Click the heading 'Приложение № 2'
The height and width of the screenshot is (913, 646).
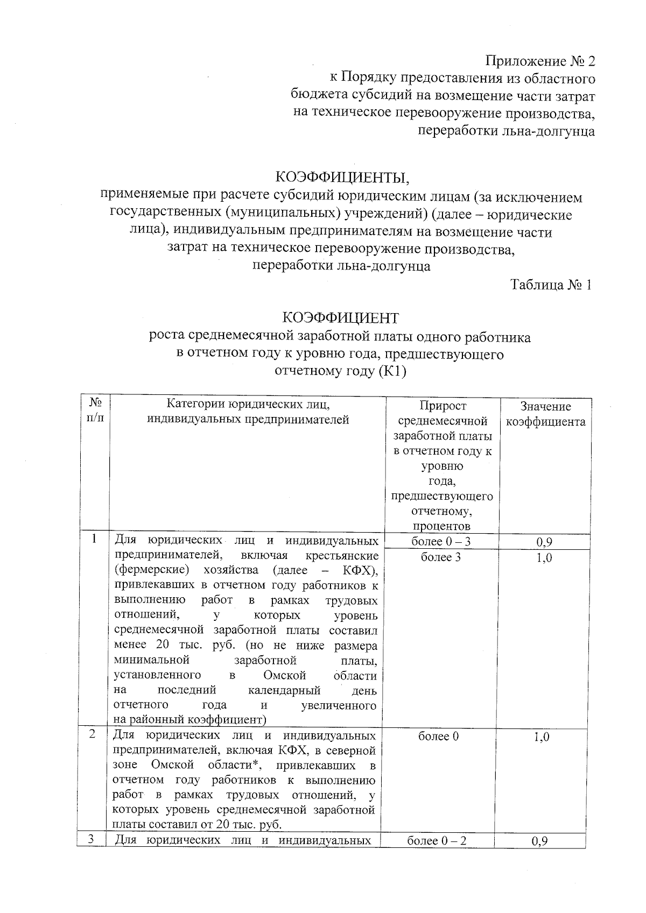click(540, 61)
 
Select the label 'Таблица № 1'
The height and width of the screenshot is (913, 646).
click(551, 285)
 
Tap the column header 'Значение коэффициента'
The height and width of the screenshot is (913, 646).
click(545, 414)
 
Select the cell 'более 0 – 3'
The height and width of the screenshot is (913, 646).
click(441, 541)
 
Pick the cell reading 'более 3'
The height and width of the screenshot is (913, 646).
click(441, 557)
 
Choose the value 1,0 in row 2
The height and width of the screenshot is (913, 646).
click(542, 737)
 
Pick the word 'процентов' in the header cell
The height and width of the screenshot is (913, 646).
click(441, 526)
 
